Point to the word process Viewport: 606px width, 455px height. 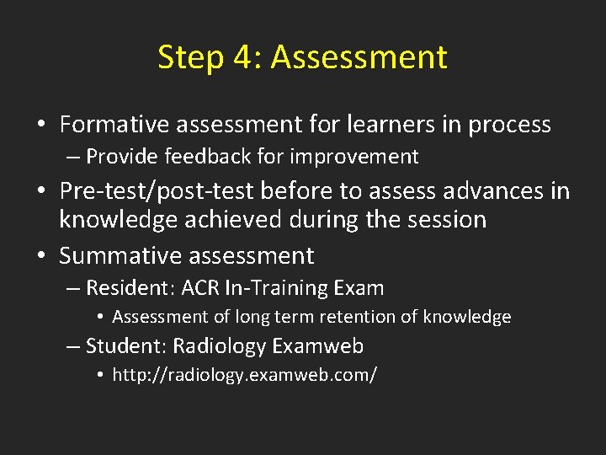(x=509, y=126)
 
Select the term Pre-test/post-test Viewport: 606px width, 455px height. (x=157, y=191)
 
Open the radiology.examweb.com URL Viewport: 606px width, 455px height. (x=244, y=375)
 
